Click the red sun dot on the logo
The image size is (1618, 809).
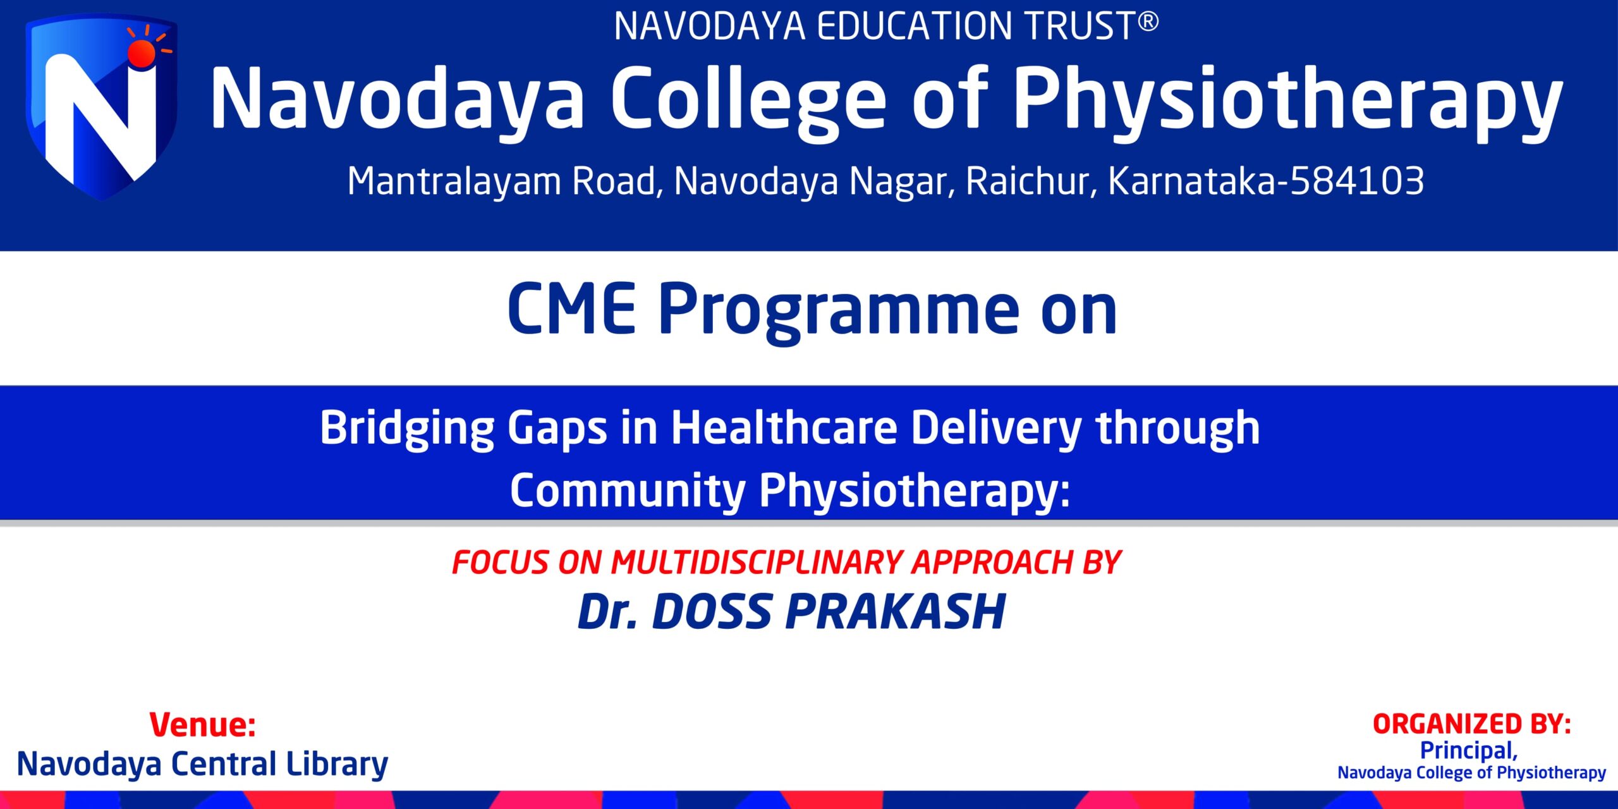141,54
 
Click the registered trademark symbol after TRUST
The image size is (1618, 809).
1148,22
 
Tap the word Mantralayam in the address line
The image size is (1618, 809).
454,181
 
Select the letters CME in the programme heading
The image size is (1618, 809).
571,310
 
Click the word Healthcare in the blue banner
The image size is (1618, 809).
784,428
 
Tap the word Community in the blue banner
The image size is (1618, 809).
628,491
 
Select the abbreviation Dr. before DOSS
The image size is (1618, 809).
607,612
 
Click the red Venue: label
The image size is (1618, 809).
202,724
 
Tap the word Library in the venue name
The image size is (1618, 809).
336,765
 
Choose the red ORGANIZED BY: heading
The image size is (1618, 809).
1471,724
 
